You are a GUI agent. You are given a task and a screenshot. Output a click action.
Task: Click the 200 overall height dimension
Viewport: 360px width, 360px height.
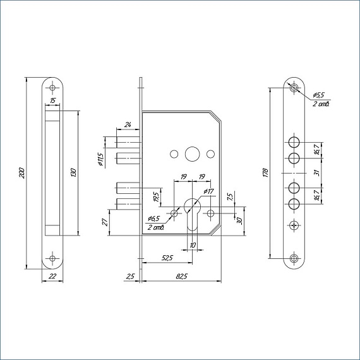coord(21,174)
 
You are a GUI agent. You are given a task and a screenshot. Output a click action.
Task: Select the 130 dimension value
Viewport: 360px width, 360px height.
coord(73,172)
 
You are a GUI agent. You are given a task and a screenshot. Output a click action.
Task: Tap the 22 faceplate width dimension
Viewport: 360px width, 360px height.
coord(52,276)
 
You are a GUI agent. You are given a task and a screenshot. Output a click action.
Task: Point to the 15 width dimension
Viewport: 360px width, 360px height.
coord(53,100)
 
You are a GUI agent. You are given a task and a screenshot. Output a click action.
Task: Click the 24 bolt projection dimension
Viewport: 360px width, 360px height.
coord(128,125)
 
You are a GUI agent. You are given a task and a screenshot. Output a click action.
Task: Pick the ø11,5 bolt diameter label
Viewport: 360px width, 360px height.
coord(100,159)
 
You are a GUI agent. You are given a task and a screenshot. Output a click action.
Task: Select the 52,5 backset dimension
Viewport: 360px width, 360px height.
coord(167,258)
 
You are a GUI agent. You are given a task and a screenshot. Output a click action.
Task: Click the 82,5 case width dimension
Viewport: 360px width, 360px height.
coord(182,277)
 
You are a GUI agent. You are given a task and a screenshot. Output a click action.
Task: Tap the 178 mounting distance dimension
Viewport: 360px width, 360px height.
coord(266,173)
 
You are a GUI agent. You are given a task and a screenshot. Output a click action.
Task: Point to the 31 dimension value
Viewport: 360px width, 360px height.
coord(317,173)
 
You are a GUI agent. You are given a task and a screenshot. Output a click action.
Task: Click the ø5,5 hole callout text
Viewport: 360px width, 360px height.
coord(319,95)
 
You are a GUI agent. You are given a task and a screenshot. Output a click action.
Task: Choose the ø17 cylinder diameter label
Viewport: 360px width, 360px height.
coord(208,191)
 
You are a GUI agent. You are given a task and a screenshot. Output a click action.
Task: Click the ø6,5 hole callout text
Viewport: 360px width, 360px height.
coord(154,219)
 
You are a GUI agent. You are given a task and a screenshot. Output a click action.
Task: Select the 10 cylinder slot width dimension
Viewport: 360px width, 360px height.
coord(193,245)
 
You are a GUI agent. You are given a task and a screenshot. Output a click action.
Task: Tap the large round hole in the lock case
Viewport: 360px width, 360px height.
coord(192,154)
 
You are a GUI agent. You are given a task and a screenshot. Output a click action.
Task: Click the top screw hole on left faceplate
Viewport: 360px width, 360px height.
coord(52,88)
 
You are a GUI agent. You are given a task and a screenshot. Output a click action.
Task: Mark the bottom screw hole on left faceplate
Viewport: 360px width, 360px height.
coord(52,258)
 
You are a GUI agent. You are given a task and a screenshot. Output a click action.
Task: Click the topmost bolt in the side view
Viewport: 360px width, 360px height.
coord(128,142)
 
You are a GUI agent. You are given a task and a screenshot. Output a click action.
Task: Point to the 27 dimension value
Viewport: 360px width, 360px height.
coord(105,222)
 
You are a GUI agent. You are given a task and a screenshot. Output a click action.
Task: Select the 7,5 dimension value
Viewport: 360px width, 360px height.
coord(231,197)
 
